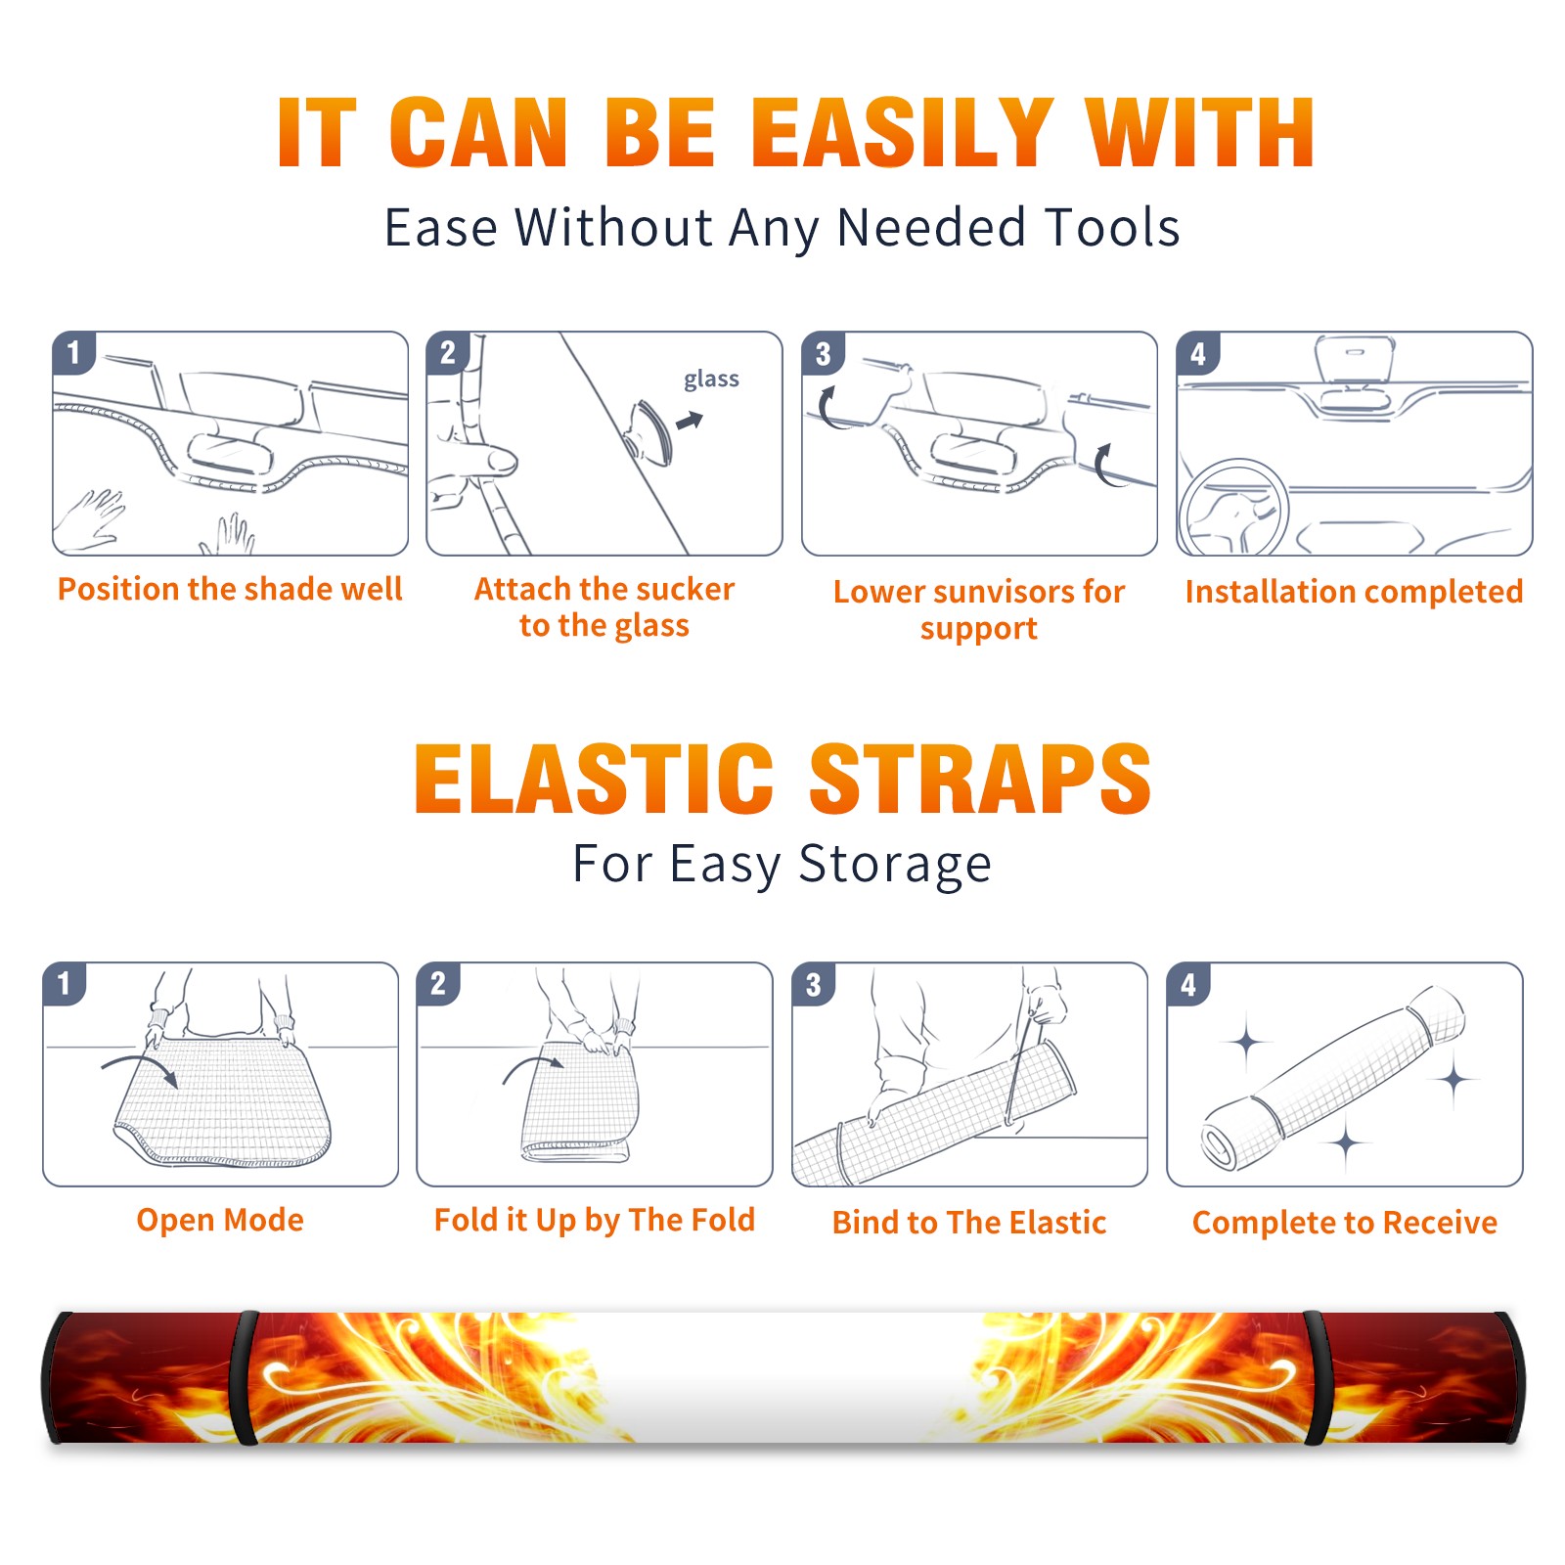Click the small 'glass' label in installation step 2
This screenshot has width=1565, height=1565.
(x=711, y=380)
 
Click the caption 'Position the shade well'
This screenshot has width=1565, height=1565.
(x=230, y=589)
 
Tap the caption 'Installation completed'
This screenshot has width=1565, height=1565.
(x=1354, y=591)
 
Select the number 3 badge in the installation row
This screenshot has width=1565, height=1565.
(x=823, y=353)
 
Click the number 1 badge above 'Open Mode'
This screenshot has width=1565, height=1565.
(x=65, y=983)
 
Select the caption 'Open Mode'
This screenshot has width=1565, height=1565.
(x=220, y=1220)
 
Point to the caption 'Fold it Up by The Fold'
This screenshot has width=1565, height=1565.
(x=595, y=1220)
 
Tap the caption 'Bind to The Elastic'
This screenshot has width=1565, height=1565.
(x=969, y=1223)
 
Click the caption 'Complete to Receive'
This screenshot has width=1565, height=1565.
(x=1345, y=1223)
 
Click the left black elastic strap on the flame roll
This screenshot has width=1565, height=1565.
(x=245, y=1378)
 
